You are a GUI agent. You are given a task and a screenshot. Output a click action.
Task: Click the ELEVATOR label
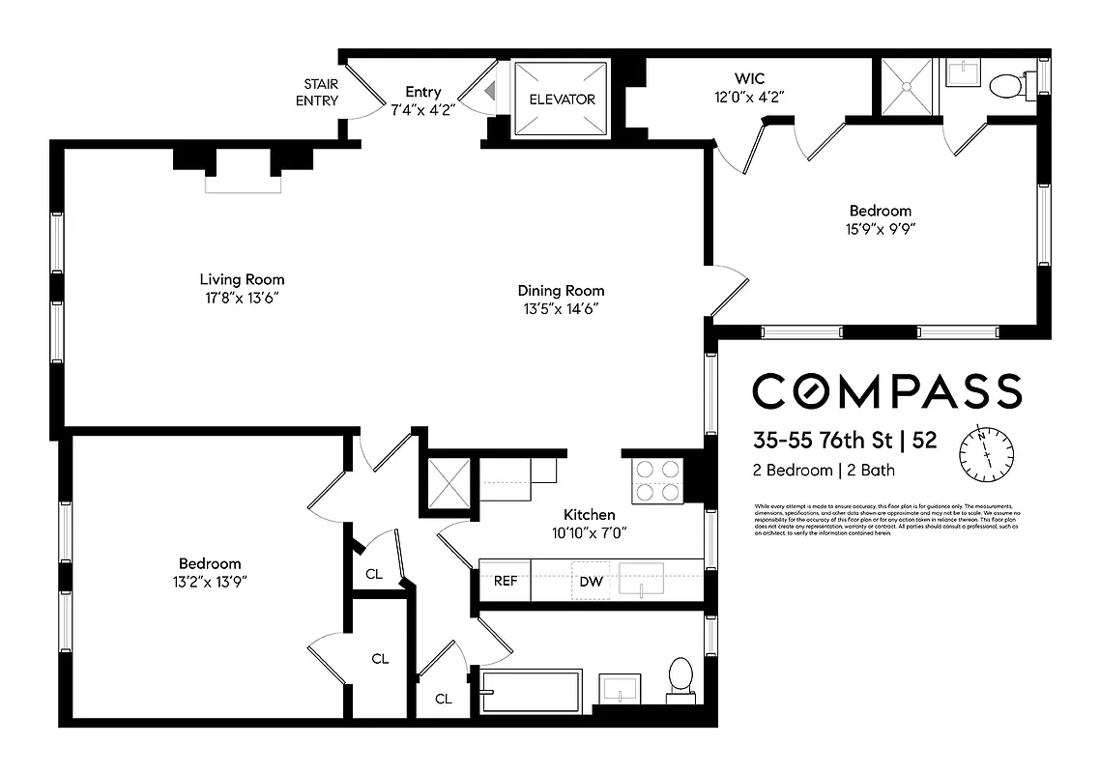click(x=562, y=100)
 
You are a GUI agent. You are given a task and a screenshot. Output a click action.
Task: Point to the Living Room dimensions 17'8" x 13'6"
click(x=243, y=299)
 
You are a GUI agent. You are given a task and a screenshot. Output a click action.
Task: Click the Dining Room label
click(x=561, y=290)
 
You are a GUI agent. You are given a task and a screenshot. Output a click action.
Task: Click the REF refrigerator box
click(x=506, y=581)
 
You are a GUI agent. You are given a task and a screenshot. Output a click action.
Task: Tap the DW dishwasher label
click(x=591, y=581)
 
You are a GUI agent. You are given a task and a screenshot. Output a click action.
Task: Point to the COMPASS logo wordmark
click(x=886, y=391)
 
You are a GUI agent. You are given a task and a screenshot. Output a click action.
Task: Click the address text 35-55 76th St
click(x=822, y=440)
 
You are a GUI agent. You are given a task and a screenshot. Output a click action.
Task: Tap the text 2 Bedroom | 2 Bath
click(x=824, y=471)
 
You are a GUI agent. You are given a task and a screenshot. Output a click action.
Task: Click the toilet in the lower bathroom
click(x=680, y=676)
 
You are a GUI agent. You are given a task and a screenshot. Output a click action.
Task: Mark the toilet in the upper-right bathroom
click(x=1008, y=86)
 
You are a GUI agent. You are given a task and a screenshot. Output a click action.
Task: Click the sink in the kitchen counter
click(x=641, y=580)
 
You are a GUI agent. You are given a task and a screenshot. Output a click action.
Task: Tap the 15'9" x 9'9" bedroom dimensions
click(x=880, y=229)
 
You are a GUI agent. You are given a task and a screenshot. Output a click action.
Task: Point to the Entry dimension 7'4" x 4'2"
click(x=422, y=109)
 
